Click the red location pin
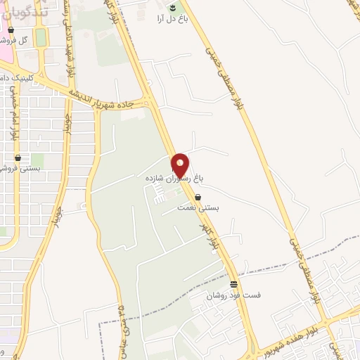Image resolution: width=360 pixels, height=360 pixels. [x=181, y=165]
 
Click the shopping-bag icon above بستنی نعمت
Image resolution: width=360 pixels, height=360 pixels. [x=198, y=198]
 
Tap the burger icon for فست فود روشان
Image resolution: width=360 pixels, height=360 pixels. [x=233, y=284]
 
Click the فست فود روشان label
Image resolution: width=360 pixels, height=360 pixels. [x=233, y=296]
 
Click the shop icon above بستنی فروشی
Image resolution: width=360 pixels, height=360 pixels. [x=18, y=158]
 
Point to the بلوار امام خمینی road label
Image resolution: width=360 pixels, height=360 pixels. [x=11, y=112]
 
